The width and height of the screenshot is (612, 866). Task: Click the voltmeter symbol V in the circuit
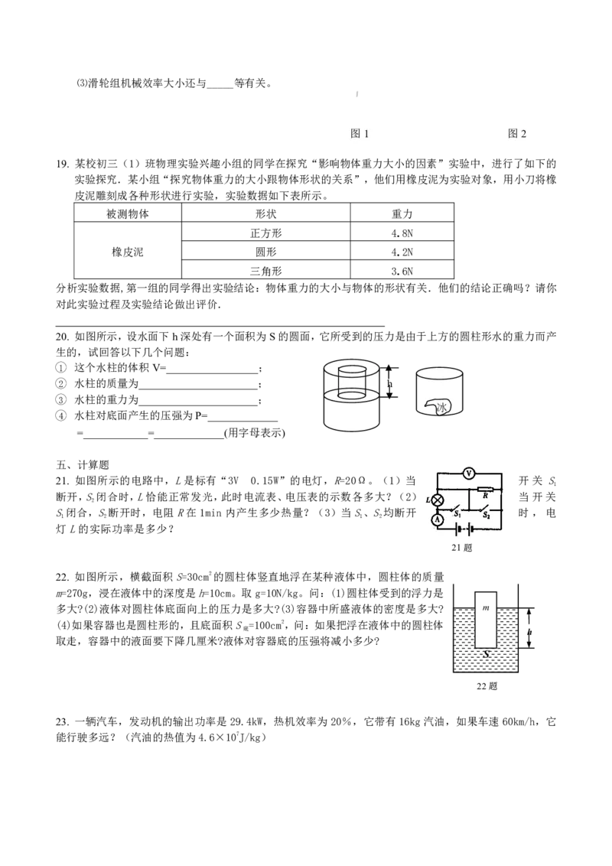[x=469, y=474]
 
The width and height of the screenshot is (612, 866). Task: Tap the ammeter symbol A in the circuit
[x=438, y=519]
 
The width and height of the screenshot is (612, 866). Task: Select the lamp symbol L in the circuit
[x=438, y=500]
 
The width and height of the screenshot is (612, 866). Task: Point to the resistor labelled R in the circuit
[x=484, y=490]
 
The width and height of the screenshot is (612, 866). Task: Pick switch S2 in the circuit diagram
[x=484, y=507]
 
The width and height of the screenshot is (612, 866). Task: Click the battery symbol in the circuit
[x=462, y=529]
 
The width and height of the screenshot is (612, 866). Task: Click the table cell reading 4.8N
[x=402, y=233]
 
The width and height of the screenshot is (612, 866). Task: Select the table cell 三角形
[x=265, y=271]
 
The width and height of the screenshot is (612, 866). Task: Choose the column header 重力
[x=402, y=213]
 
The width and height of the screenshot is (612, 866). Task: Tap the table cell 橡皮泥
[x=128, y=252]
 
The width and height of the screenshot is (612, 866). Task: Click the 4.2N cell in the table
[x=402, y=252]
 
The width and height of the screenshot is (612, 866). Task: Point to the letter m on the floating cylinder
[x=486, y=607]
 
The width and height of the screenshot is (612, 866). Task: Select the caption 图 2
[x=517, y=133]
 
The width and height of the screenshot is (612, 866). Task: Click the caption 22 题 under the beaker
[x=487, y=686]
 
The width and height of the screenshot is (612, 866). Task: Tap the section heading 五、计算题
[x=83, y=465]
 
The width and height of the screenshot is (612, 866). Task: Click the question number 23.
[x=62, y=722]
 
